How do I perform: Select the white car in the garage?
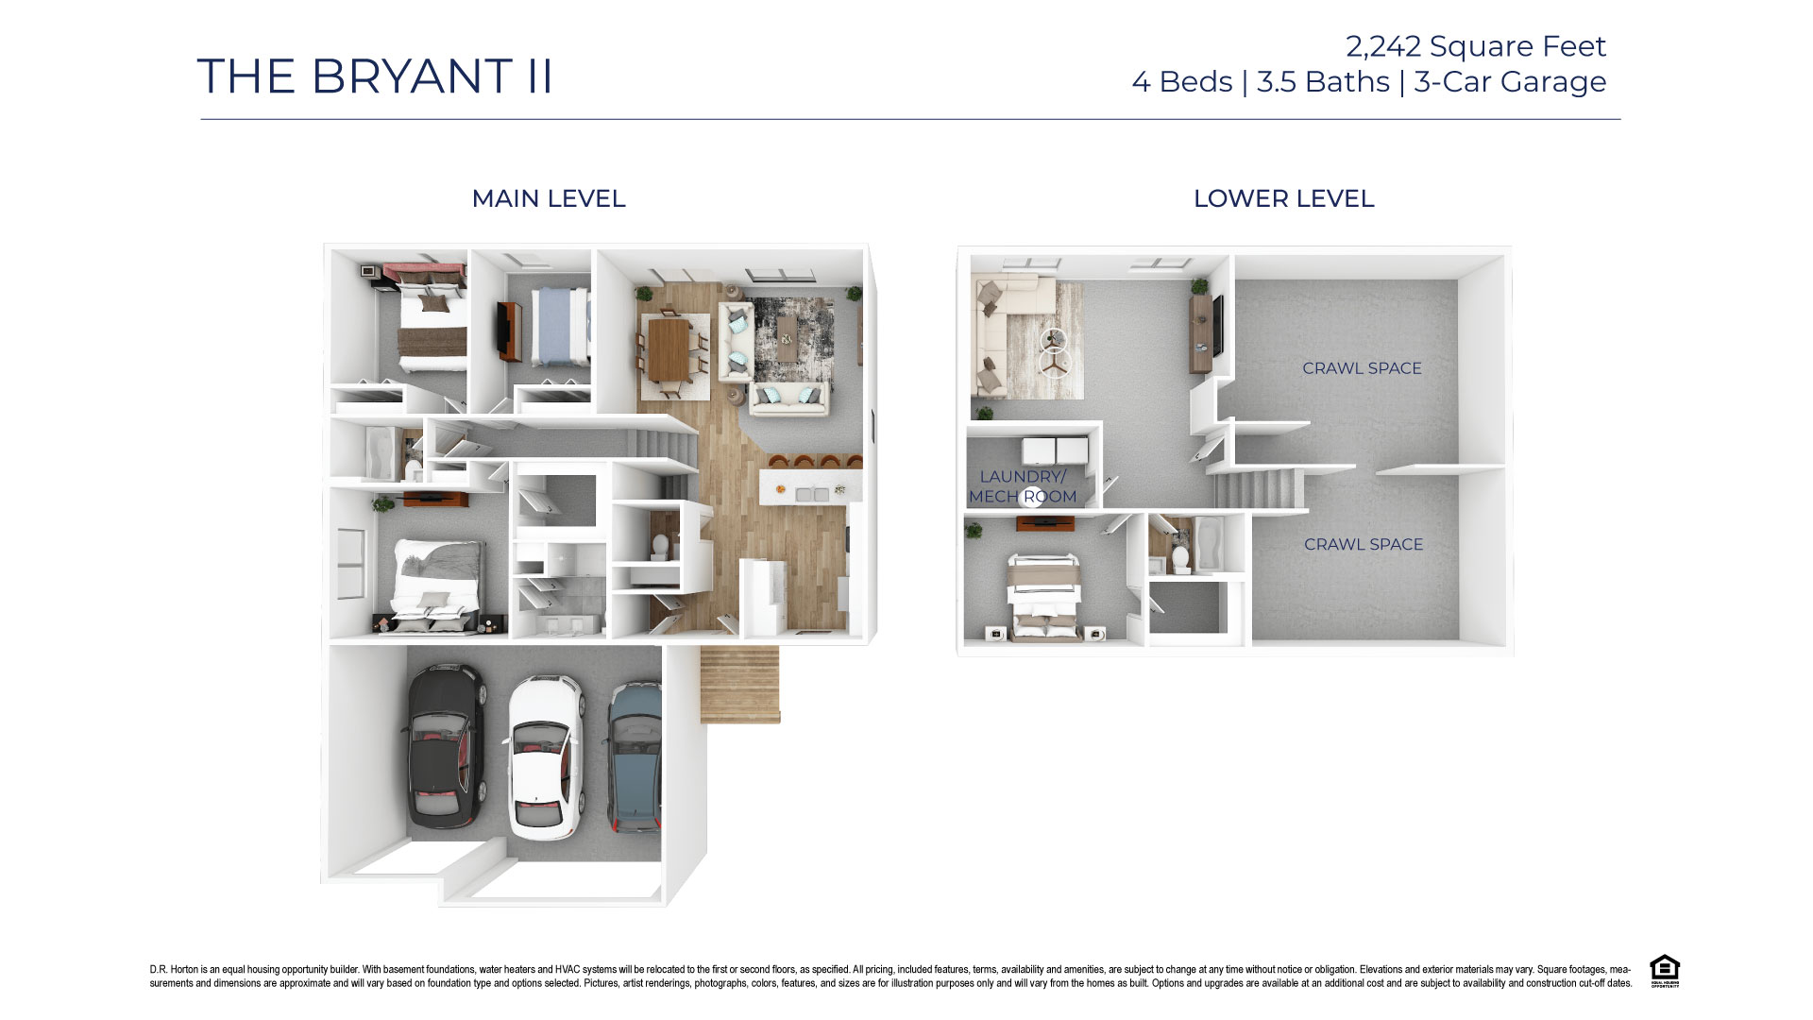tap(546, 756)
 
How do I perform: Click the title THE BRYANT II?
tap(375, 76)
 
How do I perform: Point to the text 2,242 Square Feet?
tap(1475, 46)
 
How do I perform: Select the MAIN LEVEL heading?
tap(548, 198)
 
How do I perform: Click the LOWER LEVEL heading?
tap(1283, 198)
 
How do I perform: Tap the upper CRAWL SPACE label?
tap(1362, 368)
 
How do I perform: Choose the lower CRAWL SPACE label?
tap(1363, 544)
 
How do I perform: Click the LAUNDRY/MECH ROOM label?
tap(1023, 486)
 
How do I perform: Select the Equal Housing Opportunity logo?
tap(1664, 971)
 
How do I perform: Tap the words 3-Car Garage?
tap(1509, 82)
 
